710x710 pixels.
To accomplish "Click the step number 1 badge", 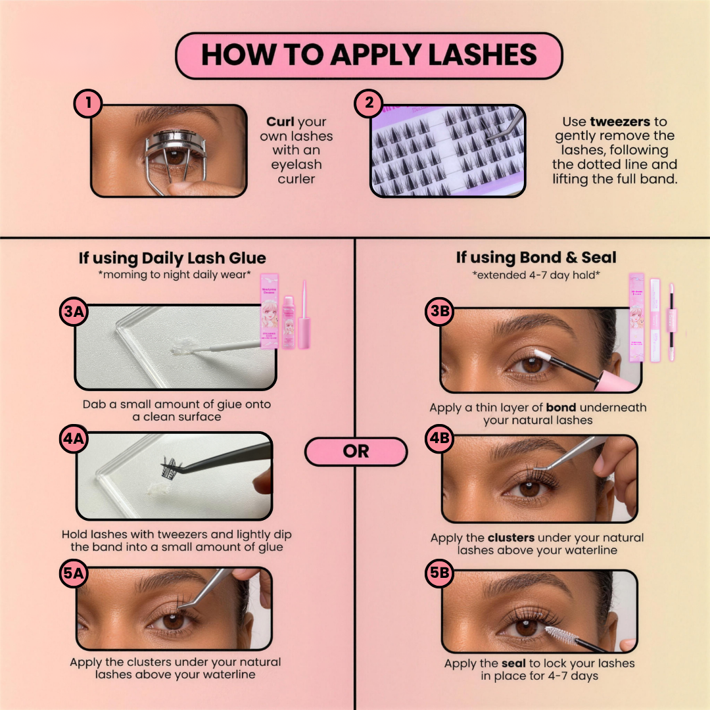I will tap(88, 104).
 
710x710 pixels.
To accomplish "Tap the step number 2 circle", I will tap(368, 104).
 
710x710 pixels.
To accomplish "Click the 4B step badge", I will tap(438, 440).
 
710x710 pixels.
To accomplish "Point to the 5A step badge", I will tap(73, 574).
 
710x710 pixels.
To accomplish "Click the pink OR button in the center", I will tap(356, 452).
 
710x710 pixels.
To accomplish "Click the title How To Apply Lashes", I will tap(369, 55).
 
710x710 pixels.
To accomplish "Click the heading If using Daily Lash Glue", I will tap(173, 258).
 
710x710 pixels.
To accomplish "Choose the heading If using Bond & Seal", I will tap(536, 258).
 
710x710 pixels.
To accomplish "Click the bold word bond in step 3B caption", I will tap(561, 408).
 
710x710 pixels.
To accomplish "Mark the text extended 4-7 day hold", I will tap(536, 273).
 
